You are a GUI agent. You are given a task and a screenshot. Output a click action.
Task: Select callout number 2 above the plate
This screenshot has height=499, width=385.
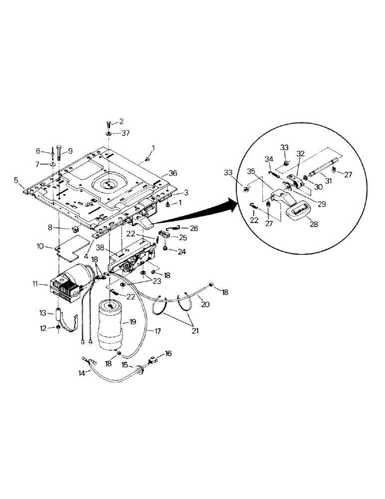click(x=120, y=121)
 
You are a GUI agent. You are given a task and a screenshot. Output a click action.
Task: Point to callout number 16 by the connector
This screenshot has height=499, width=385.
click(x=168, y=353)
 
